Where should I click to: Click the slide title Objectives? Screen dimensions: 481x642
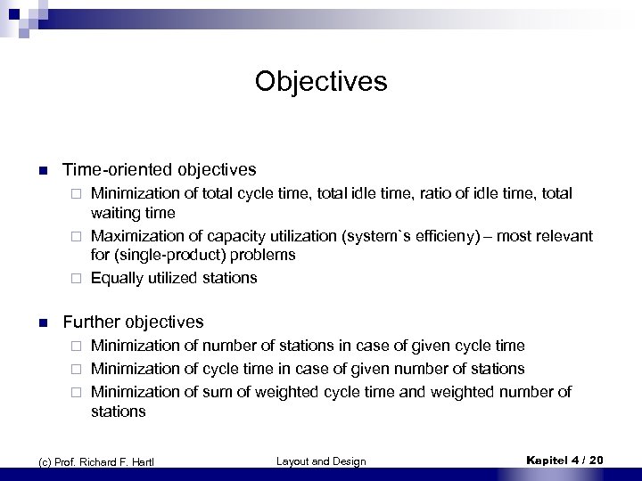(x=320, y=83)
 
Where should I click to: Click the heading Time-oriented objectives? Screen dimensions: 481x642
(x=158, y=169)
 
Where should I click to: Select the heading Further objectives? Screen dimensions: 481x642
(x=133, y=322)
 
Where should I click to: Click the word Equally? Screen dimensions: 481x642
(x=116, y=278)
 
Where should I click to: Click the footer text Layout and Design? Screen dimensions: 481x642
(x=321, y=460)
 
